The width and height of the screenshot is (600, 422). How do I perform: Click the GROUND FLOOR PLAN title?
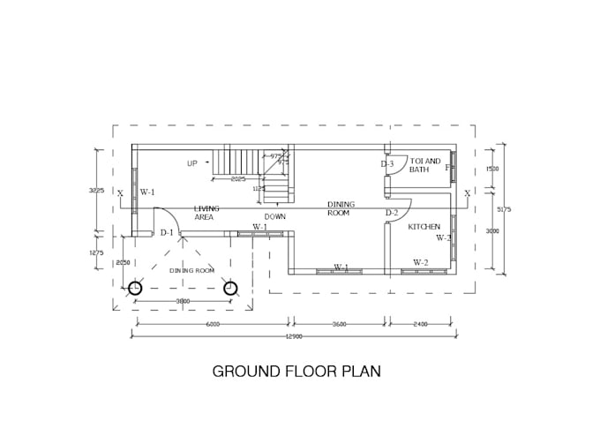[x=296, y=371]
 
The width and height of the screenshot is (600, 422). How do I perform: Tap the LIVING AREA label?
[x=206, y=213]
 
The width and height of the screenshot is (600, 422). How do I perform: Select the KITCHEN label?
[x=424, y=227]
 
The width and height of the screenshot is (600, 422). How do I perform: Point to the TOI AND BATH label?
[x=425, y=165]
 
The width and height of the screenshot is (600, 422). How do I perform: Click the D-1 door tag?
[x=167, y=233]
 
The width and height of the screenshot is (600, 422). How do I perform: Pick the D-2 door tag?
[x=392, y=213]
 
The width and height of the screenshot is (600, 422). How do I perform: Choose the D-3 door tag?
[x=387, y=164]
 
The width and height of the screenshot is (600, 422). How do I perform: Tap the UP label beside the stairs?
[x=191, y=163]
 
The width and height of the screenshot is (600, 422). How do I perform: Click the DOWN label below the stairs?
[x=274, y=216]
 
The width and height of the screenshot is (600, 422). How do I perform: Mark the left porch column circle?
[x=135, y=288]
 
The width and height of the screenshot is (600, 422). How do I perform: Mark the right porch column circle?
[x=230, y=288]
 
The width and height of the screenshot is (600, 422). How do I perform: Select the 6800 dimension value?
[x=213, y=324]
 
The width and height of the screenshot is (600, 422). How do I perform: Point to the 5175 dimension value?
[x=504, y=209]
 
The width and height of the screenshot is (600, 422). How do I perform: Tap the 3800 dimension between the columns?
[x=183, y=302]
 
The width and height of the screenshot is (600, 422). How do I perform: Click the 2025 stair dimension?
[x=238, y=179]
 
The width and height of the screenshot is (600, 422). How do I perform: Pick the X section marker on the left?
[x=121, y=193]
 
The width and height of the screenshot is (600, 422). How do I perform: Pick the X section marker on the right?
[x=467, y=192]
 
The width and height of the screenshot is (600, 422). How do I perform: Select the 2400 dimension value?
[x=420, y=324]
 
